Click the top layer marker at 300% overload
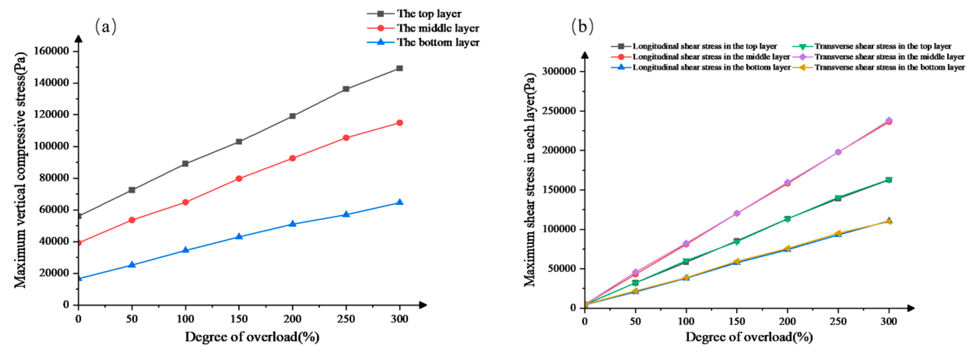click(399, 68)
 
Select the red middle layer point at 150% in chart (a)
click(239, 178)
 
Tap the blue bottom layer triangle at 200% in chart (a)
click(292, 224)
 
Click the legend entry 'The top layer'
click(429, 14)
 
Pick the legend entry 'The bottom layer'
click(438, 42)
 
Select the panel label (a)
click(106, 27)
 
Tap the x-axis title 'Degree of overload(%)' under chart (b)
click(749, 337)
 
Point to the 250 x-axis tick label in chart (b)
click(838, 321)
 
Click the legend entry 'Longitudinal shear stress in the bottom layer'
click(712, 67)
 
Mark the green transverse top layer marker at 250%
click(838, 198)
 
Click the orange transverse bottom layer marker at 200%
click(787, 248)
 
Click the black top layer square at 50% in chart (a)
click(132, 190)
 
